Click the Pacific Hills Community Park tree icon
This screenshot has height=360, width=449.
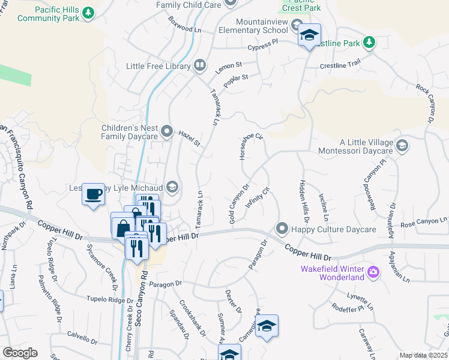coord(89,12)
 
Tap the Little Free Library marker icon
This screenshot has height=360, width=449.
coord(200,65)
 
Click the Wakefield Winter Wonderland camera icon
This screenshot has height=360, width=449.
coord(373,272)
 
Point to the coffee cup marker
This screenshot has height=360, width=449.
coord(93,194)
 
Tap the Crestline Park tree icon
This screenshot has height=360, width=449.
coord(369,43)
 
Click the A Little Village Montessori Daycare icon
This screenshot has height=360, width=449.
coord(402,145)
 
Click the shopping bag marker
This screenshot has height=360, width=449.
coord(122,228)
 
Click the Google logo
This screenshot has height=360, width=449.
coord(20,353)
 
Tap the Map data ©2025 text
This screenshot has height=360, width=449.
coord(423,355)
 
